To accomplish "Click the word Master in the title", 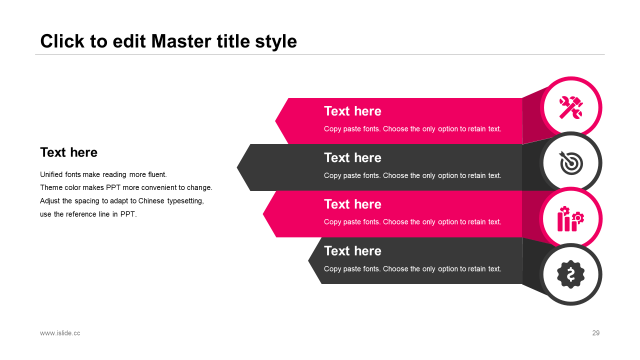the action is pos(181,41).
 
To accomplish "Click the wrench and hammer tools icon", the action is pos(571,107).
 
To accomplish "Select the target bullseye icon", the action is pos(571,163).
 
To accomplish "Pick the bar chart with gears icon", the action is pos(570,219).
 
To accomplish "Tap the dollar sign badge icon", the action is pos(571,274).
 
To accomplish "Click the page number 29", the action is pos(595,333).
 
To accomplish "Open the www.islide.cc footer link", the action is pos(60,333).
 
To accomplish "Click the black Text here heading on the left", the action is pos(69,152).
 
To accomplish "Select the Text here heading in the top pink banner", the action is pos(352,111).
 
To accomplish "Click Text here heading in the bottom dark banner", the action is pos(352,251).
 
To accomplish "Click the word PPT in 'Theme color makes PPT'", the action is pos(113,187).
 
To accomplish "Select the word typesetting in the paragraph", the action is pos(185,201).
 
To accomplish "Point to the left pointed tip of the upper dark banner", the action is pos(237,167).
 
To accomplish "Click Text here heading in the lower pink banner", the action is pos(352,204).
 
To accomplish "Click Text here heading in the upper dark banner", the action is pos(352,157).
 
